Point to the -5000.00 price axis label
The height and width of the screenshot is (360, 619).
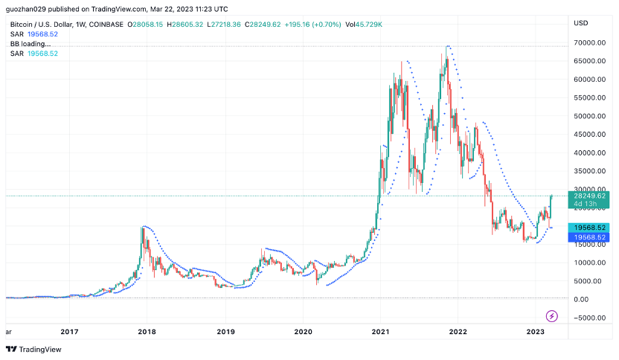tap(586, 318)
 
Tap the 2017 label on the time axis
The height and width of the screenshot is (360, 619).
tap(69, 332)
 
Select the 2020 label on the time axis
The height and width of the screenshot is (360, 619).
tap(303, 332)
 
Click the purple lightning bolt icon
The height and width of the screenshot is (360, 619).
tap(552, 316)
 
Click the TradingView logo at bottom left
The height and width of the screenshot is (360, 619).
tap(34, 349)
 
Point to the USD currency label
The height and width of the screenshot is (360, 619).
tap(581, 23)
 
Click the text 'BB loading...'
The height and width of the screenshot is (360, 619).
tap(31, 44)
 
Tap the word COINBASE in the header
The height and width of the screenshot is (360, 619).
tap(109, 25)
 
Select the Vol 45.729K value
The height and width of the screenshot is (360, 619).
tap(367, 25)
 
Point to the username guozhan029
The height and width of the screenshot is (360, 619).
tap(25, 8)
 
